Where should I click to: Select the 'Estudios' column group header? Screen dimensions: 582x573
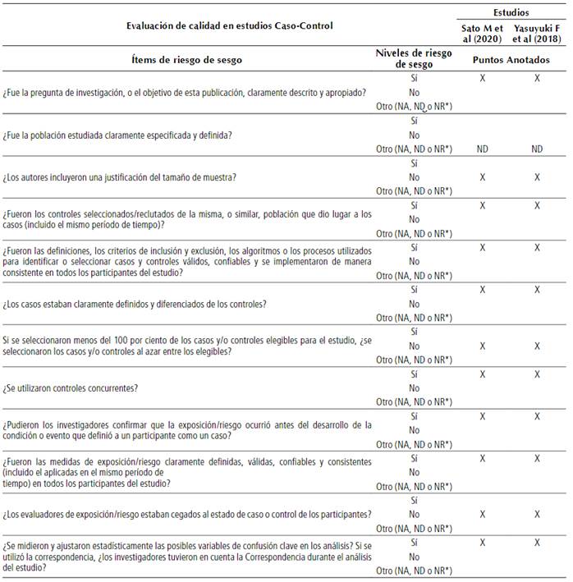pyautogui.click(x=510, y=13)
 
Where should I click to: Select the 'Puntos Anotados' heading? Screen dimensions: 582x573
pyautogui.click(x=510, y=60)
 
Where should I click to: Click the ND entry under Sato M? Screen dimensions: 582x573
pyautogui.click(x=483, y=149)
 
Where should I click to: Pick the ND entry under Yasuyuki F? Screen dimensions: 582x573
pyautogui.click(x=537, y=149)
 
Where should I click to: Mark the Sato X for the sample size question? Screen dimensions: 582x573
pyautogui.click(x=483, y=176)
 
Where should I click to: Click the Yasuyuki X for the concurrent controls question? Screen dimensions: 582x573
pyautogui.click(x=537, y=373)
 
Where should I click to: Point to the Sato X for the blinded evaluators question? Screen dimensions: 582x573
pyautogui.click(x=483, y=515)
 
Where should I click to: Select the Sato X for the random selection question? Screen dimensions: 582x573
pyautogui.click(x=483, y=346)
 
